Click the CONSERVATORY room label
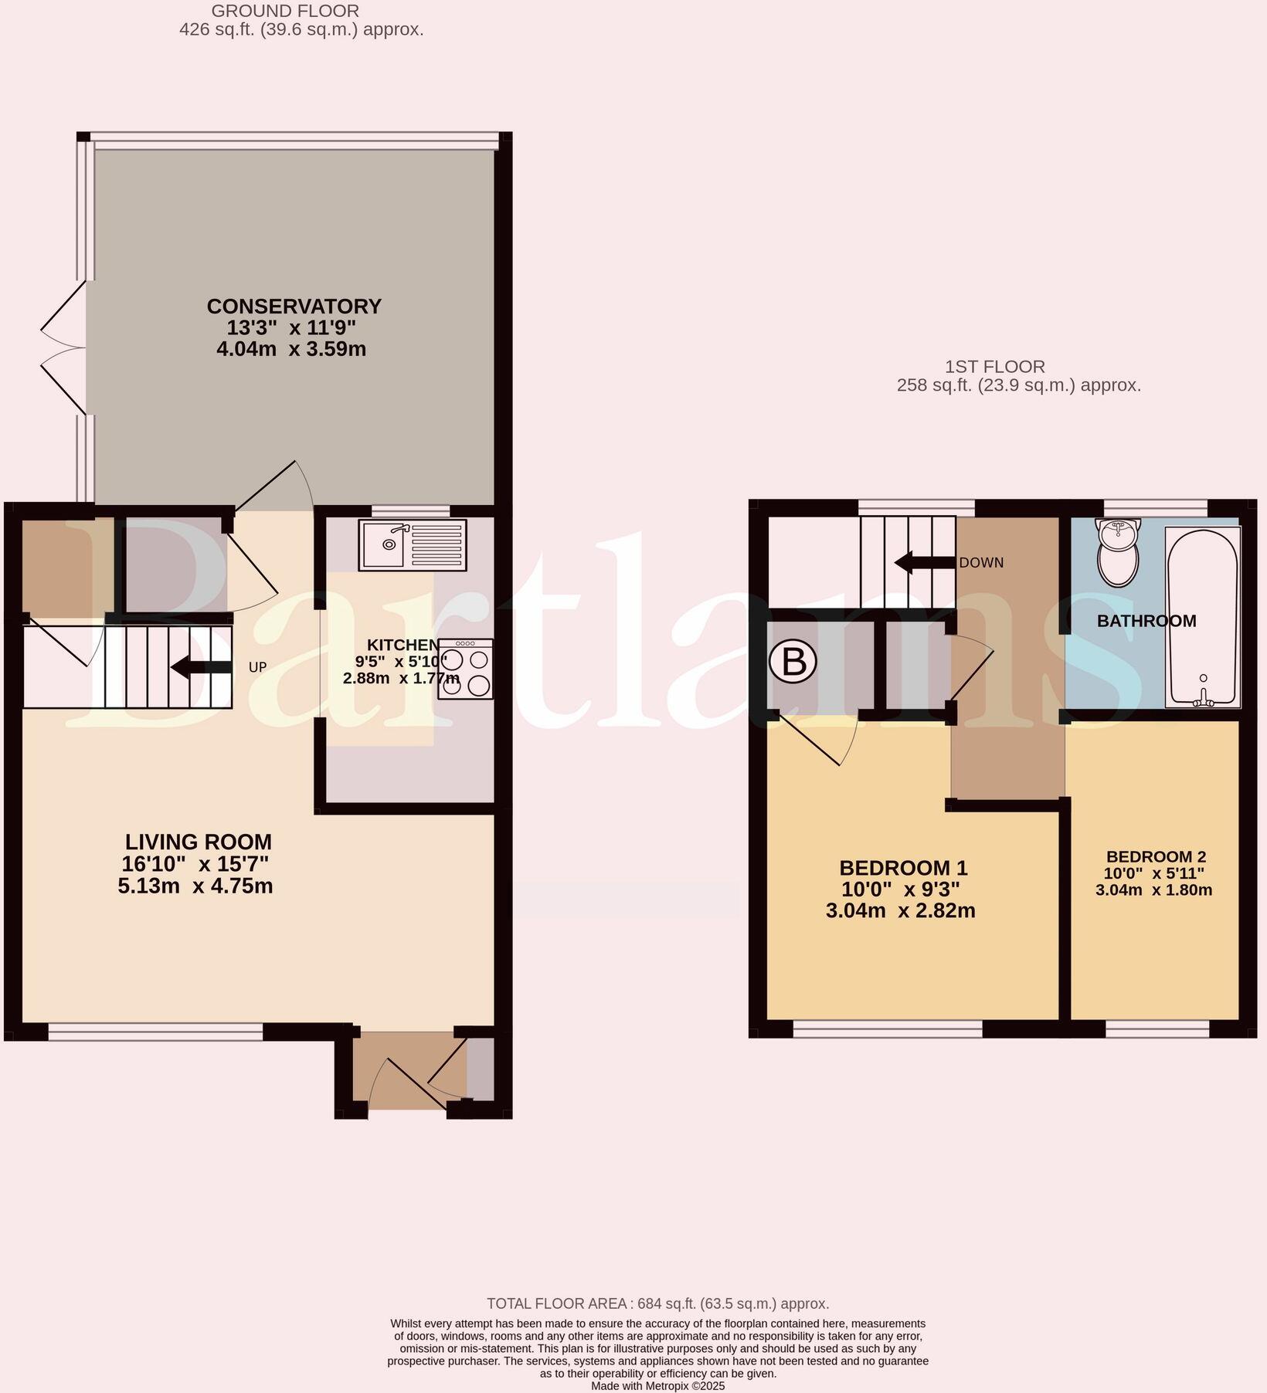[294, 307]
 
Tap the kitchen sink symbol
[413, 544]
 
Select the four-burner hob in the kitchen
[465, 670]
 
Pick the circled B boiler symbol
[793, 663]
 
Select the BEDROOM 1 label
[903, 868]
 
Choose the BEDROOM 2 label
[1156, 856]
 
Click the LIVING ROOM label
[199, 842]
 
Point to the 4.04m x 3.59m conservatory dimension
[291, 349]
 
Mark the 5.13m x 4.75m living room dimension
[195, 886]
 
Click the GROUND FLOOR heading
[285, 11]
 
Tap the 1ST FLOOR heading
[994, 367]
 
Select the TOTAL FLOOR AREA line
[657, 1303]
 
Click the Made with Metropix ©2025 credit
[657, 1386]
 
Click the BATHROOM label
[1146, 621]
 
